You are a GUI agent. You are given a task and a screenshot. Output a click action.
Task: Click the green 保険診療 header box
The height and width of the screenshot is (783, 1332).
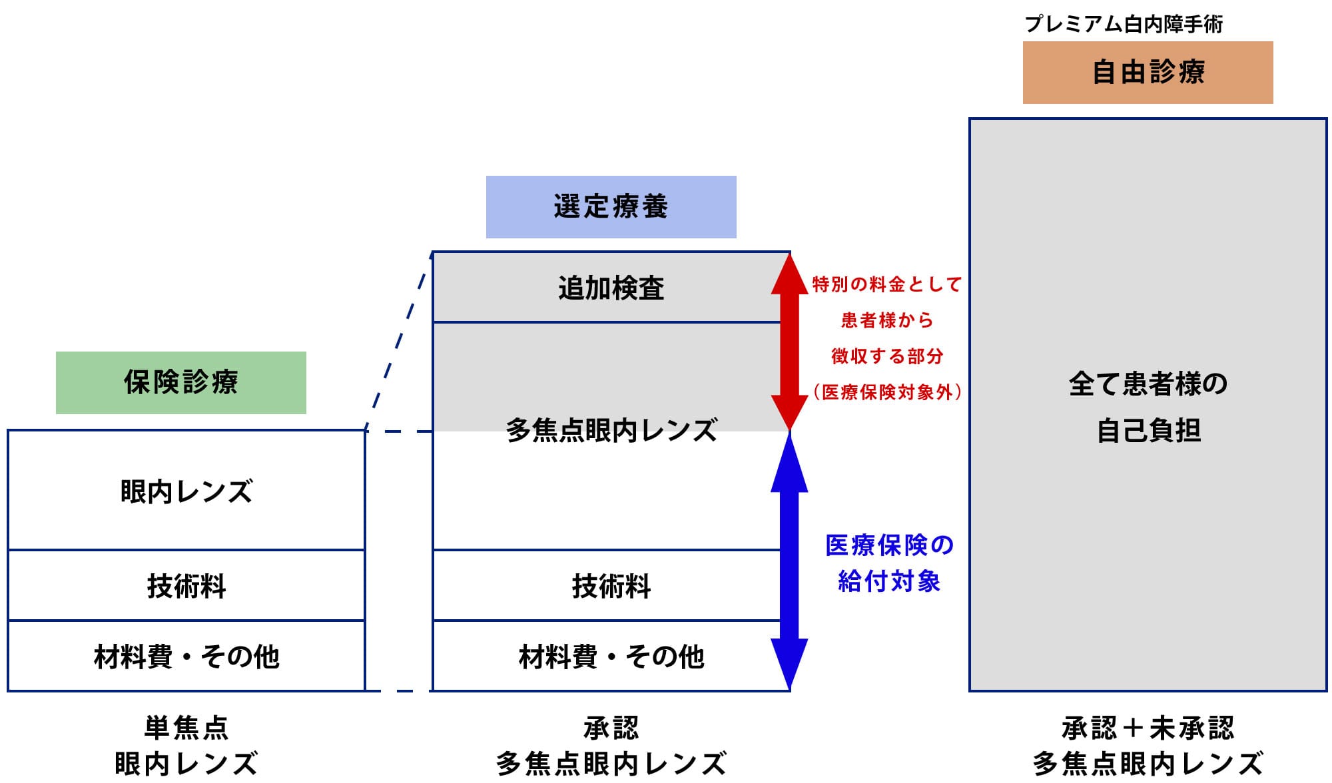[x=180, y=383]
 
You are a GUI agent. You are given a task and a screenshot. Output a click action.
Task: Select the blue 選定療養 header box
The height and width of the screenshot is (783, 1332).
[x=611, y=207]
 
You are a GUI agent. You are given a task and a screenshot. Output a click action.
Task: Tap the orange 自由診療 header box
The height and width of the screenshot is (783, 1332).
[x=1148, y=73]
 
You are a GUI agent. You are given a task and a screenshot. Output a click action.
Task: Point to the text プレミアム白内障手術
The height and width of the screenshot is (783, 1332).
[x=1123, y=25]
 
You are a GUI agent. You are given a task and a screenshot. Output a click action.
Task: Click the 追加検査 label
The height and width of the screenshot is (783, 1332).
[x=611, y=288]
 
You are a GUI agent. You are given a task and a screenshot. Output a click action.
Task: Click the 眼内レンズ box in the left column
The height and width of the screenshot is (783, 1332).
[x=186, y=491]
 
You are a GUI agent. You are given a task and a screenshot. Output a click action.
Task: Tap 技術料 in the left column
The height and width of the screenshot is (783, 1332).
[x=186, y=586]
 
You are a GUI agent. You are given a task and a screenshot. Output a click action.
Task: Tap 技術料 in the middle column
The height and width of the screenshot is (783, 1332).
[x=611, y=586]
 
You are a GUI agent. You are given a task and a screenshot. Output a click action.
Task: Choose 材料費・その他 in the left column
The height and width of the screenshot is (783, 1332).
[x=186, y=656]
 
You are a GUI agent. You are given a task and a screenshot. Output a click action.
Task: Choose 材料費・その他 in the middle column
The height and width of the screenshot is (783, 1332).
[x=611, y=656]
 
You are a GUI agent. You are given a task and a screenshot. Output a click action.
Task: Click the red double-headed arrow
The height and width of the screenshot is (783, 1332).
[x=789, y=342]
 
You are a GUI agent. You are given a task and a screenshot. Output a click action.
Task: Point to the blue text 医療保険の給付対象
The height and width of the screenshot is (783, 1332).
[x=889, y=563]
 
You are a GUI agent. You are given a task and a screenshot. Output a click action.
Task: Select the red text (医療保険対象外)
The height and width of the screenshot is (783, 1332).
[x=887, y=392]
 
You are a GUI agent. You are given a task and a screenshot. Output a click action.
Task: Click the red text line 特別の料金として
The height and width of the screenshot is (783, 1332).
[x=887, y=285]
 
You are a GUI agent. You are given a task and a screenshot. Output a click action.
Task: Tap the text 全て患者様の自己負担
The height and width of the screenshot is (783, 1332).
[x=1148, y=407]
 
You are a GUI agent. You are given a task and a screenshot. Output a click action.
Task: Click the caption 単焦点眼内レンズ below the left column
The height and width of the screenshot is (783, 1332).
[x=186, y=745]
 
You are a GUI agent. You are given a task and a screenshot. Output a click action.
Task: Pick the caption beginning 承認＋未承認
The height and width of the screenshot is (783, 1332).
[x=1148, y=745]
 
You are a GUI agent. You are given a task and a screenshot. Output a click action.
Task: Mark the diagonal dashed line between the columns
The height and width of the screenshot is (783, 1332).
[x=398, y=341]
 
